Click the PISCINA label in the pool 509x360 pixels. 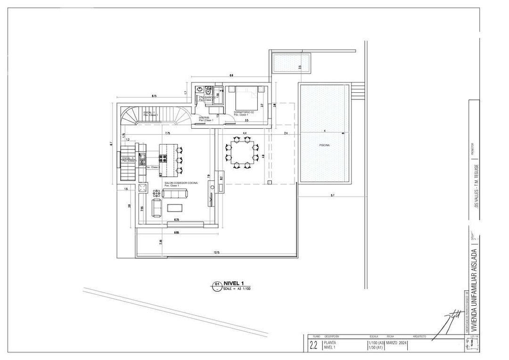[x=324, y=145]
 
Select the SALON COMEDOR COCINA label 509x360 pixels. [x=181, y=182]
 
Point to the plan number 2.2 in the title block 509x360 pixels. [x=313, y=345]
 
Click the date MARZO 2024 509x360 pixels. [x=395, y=343]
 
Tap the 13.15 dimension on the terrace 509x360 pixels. [x=216, y=253]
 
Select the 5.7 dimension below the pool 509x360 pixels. [x=332, y=195]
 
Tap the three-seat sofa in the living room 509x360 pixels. [x=174, y=193]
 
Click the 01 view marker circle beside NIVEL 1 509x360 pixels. [x=217, y=285]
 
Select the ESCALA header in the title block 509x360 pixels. [x=374, y=337]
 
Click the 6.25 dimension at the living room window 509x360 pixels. [x=176, y=220]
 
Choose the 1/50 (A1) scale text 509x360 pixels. [x=376, y=348]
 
